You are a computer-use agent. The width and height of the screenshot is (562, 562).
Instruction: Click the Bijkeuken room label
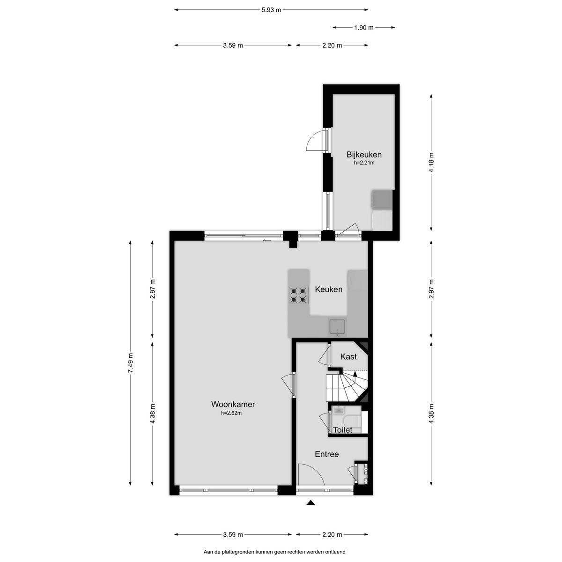tap(364, 155)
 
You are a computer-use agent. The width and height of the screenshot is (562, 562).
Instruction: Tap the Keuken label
tap(328, 289)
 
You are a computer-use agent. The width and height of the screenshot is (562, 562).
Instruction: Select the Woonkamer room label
tap(233, 404)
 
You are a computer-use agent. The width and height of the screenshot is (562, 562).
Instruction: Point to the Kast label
tap(348, 357)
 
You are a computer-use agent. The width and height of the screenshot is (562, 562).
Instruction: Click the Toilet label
tap(342, 430)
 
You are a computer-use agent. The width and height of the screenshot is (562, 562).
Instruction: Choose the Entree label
tap(326, 454)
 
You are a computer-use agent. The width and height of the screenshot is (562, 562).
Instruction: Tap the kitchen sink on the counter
tap(337, 326)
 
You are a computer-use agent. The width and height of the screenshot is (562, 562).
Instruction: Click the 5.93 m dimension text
tap(271, 9)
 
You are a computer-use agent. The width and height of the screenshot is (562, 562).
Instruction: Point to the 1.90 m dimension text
tap(364, 28)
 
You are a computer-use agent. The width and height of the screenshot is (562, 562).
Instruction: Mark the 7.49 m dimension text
tap(130, 362)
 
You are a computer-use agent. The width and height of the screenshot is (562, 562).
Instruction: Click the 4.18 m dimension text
tap(431, 163)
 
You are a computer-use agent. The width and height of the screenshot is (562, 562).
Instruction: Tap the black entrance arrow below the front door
tap(310, 503)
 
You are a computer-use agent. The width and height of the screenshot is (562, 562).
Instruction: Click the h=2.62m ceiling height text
tap(231, 413)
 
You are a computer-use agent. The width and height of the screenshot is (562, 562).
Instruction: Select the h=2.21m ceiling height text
tap(364, 163)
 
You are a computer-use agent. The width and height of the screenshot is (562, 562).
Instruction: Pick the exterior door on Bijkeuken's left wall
tap(317, 141)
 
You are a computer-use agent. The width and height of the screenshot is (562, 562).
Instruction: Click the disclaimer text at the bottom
tap(274, 553)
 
